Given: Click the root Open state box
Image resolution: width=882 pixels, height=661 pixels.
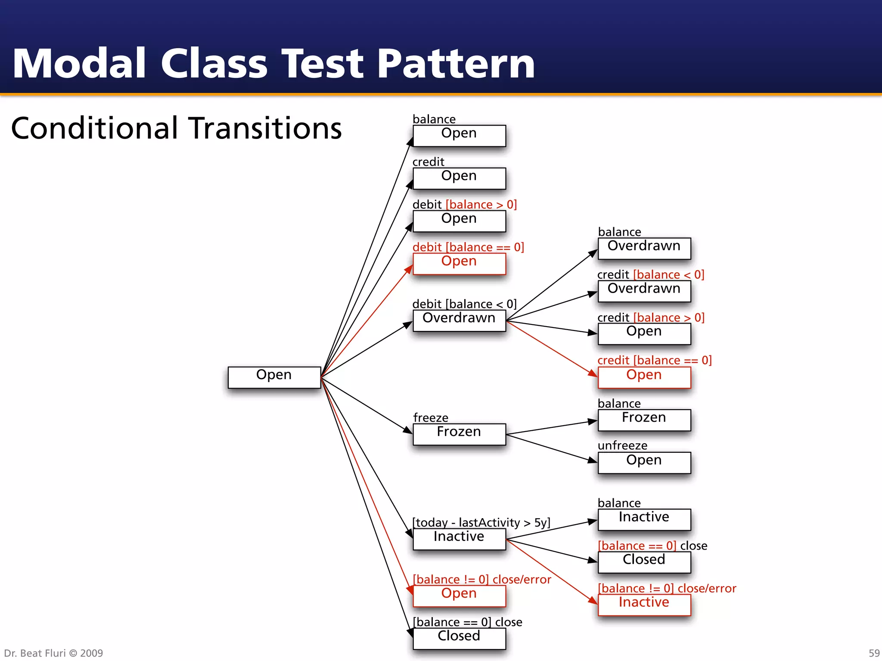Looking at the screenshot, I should [274, 377].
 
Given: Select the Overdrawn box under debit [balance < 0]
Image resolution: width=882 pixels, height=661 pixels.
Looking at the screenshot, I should [459, 320].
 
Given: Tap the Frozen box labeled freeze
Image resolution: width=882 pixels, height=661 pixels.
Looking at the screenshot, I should [459, 434].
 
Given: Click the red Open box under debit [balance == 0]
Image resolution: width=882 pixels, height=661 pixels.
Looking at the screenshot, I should [459, 263].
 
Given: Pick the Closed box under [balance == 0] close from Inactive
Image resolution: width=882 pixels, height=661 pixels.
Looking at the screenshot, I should [644, 562].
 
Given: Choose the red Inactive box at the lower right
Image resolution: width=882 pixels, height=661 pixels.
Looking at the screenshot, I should [644, 604].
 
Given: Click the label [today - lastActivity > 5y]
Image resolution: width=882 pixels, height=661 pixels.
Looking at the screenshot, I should [481, 522].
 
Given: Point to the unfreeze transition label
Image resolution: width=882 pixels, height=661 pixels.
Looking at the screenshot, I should [622, 445].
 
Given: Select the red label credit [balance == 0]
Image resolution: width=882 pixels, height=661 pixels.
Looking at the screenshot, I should [654, 360].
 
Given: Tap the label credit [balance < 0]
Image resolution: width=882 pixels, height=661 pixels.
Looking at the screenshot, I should [650, 275].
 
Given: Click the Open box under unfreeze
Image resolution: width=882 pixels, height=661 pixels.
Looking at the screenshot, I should [644, 462].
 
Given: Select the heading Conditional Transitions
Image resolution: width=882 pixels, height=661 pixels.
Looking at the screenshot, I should [176, 128].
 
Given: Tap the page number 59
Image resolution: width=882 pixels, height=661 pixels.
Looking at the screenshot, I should [874, 653].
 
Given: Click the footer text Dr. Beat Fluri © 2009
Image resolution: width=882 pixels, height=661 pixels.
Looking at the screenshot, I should [53, 653].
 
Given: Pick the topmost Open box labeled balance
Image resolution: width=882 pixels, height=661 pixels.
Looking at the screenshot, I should [459, 136].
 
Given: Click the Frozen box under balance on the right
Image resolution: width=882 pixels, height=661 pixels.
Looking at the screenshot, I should [644, 420].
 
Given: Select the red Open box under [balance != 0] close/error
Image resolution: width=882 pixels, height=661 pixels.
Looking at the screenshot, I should [459, 596].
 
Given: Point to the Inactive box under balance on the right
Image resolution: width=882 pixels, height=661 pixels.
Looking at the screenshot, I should [644, 519].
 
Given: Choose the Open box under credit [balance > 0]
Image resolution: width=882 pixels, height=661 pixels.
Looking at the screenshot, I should [644, 334].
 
